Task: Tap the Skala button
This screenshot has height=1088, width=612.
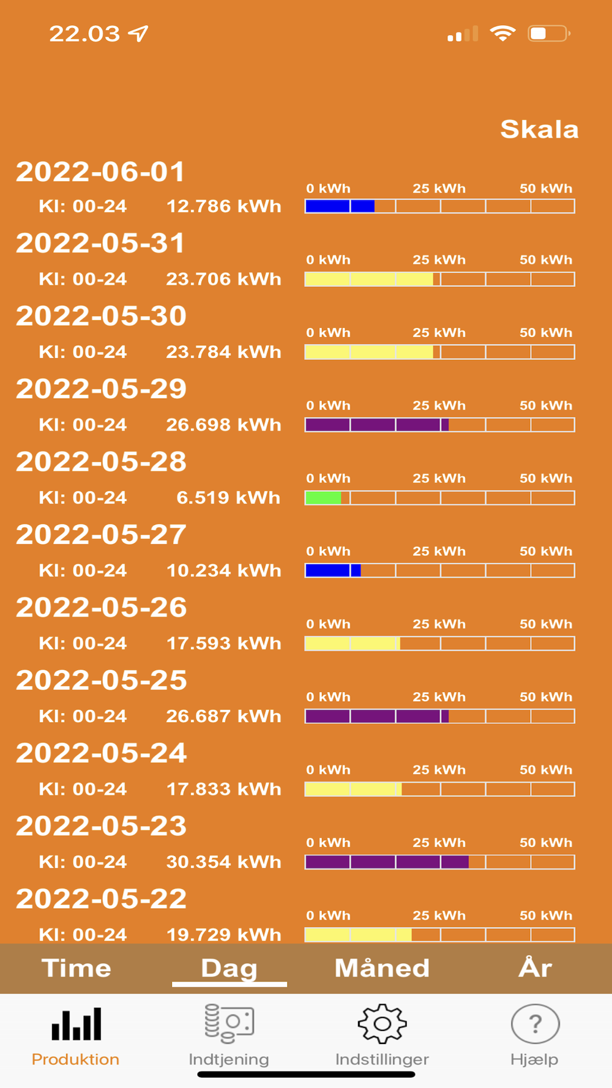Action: click(539, 130)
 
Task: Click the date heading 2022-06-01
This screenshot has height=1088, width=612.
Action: click(100, 172)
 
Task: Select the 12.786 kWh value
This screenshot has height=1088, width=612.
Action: click(223, 206)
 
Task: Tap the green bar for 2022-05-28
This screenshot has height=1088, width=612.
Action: click(323, 497)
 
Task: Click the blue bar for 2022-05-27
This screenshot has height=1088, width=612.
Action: click(333, 570)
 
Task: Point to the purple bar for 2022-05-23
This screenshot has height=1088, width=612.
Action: click(387, 862)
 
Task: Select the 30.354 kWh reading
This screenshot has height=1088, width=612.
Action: click(223, 862)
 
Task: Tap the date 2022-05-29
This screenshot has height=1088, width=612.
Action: click(101, 389)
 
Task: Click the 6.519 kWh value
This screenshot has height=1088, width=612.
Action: click(228, 497)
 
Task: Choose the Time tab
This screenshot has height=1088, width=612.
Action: click(76, 968)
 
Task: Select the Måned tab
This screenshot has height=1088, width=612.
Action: click(382, 968)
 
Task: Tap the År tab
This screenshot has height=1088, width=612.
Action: click(535, 968)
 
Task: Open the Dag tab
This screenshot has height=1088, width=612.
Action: click(229, 968)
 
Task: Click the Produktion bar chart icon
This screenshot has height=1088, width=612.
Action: click(76, 1024)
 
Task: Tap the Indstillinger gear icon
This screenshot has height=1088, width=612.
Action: click(382, 1023)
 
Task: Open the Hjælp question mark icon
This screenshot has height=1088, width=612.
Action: click(535, 1023)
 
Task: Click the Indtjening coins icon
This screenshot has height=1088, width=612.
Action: click(229, 1023)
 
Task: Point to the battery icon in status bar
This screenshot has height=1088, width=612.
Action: click(549, 34)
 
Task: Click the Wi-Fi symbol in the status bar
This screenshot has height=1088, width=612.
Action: click(502, 34)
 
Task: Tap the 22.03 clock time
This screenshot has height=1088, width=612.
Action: click(84, 34)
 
